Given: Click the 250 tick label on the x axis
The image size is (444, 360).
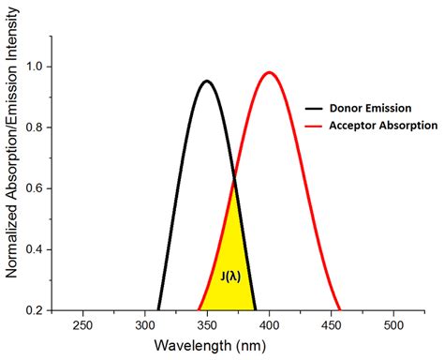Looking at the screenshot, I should tap(82, 323).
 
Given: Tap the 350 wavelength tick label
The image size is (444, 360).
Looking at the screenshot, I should tap(207, 323).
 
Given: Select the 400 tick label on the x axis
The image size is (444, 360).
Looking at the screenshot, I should tap(270, 323).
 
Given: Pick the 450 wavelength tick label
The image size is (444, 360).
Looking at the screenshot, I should tap(332, 323).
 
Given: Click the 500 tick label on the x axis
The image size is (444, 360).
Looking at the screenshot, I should tap(394, 323).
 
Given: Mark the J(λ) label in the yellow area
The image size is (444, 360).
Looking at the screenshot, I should tap(229, 276).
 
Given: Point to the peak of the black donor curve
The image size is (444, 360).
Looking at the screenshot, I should tap(207, 81).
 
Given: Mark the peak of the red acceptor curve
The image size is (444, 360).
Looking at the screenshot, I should tap(270, 72).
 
